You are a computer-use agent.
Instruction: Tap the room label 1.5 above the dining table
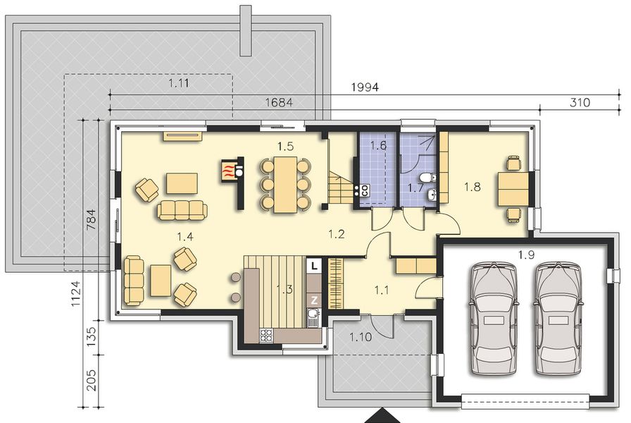click(x=285, y=146)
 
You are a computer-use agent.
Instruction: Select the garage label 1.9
click(x=526, y=254)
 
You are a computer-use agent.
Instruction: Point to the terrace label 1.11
click(x=180, y=83)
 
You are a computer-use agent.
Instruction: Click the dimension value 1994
click(x=365, y=87)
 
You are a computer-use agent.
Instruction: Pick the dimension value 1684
click(x=278, y=103)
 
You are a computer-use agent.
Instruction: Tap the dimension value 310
click(x=579, y=103)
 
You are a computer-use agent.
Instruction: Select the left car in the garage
click(x=496, y=319)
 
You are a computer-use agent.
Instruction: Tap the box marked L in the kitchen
click(x=314, y=266)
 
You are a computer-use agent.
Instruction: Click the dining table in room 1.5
click(x=285, y=184)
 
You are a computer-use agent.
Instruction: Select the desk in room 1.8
click(x=513, y=188)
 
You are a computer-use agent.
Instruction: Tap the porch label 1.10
click(x=360, y=337)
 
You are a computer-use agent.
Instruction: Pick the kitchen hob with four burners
click(x=268, y=335)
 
